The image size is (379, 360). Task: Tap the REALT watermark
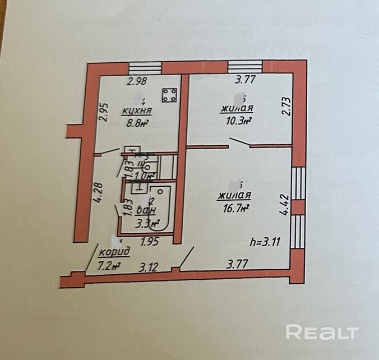322,332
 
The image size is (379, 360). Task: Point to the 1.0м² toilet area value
146,176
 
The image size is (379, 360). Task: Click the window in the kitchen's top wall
145,68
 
